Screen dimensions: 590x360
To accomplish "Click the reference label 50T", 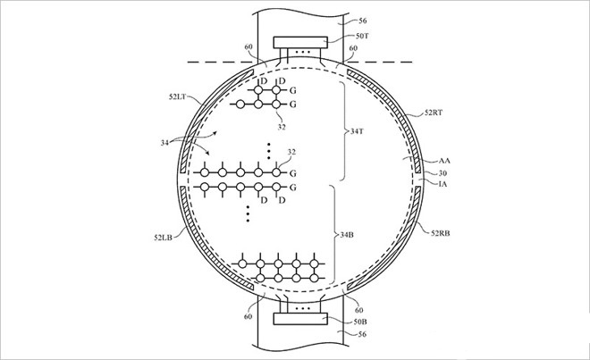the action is click(x=362, y=36).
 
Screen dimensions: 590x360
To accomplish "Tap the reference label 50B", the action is click(x=360, y=322).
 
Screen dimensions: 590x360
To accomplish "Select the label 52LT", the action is click(x=177, y=96).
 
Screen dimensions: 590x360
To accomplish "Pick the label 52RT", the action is click(x=434, y=112).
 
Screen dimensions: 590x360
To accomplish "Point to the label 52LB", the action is click(x=163, y=238).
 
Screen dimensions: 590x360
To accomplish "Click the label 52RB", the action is click(x=440, y=233).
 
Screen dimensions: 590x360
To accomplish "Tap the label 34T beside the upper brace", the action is click(x=357, y=131).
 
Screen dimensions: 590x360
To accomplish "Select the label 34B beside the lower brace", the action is click(x=347, y=235).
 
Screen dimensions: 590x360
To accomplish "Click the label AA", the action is click(x=444, y=161).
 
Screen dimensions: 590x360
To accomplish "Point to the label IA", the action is click(x=442, y=184).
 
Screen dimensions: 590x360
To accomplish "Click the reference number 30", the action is click(x=442, y=173).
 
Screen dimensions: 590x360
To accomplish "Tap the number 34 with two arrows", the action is click(x=164, y=143).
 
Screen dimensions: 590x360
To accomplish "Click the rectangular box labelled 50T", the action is click(x=300, y=42).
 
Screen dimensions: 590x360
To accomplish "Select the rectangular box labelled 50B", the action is click(x=300, y=319).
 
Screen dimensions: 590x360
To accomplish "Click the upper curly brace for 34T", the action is click(x=343, y=131).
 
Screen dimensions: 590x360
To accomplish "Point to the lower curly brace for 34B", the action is click(x=333, y=235).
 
